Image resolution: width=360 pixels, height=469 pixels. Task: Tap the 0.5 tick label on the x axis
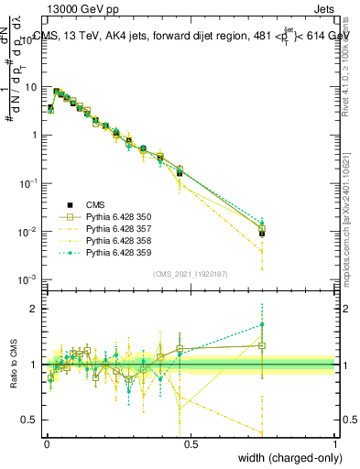pyautogui.click(x=190, y=442)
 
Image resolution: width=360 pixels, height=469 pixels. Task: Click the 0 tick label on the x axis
pyautogui.click(x=46, y=442)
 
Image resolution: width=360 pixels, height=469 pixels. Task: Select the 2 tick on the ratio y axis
pyautogui.click(x=36, y=309)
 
